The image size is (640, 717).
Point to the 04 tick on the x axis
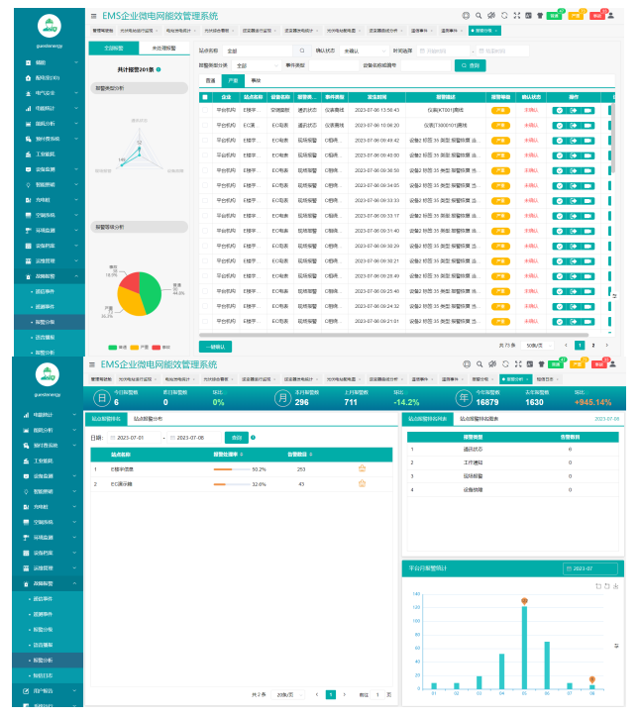501,694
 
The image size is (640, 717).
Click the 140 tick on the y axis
417,594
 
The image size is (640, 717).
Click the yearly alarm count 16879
488,403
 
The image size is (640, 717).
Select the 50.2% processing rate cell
260,468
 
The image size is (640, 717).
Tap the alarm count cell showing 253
301,468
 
